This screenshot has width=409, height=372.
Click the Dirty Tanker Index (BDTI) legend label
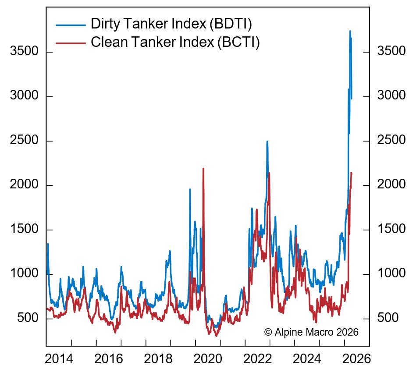tap(171, 24)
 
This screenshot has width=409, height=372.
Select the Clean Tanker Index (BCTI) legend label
tap(175, 42)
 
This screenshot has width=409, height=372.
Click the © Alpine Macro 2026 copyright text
tap(311, 332)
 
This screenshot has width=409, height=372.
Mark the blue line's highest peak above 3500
tap(350, 31)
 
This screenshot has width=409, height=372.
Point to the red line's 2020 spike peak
tap(203, 169)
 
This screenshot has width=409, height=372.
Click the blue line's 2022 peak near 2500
tap(267, 142)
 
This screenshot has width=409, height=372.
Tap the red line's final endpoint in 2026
tap(352, 173)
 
